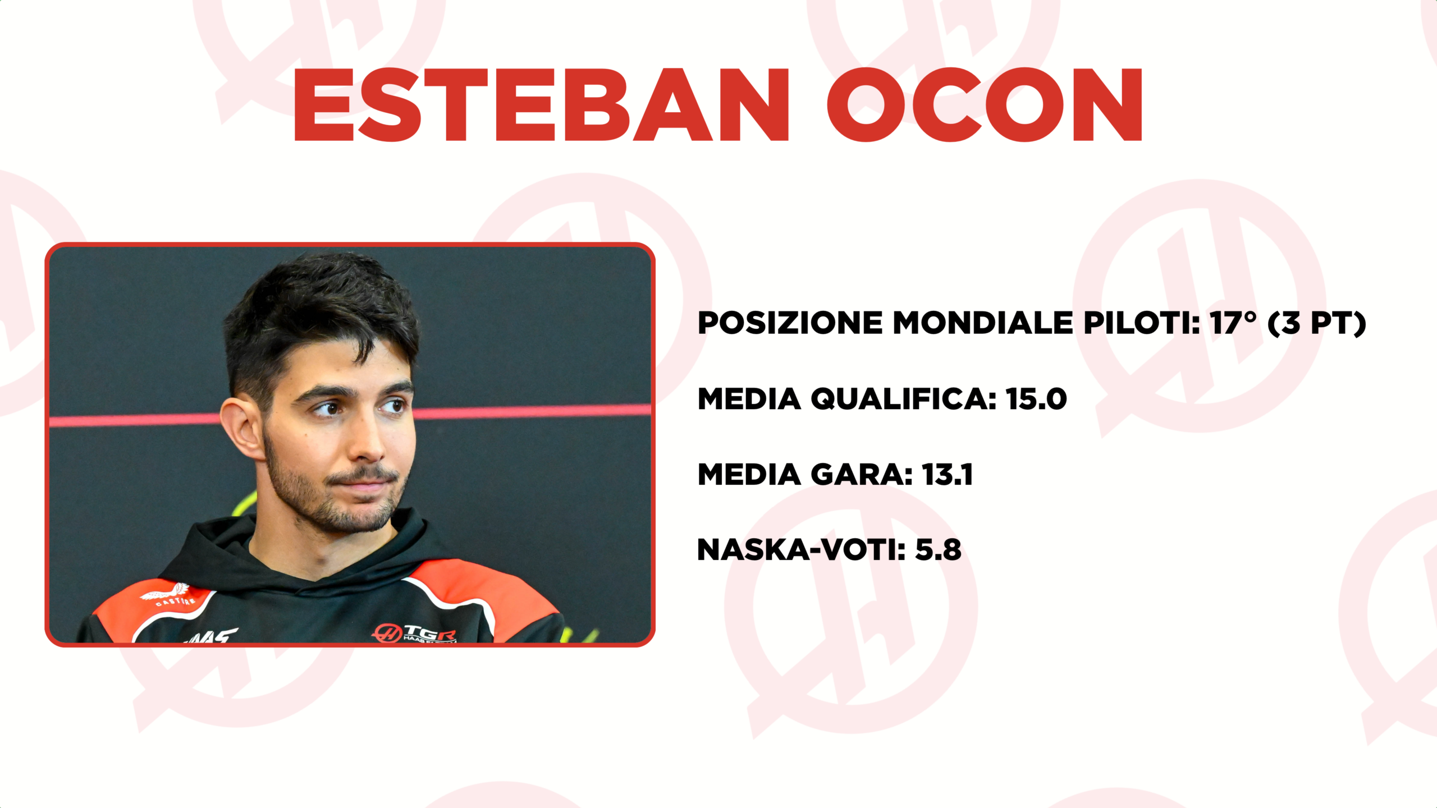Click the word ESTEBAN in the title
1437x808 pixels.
[542, 105]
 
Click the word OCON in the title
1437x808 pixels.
[985, 105]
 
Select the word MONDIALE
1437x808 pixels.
[982, 323]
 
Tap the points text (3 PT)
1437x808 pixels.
[1317, 324]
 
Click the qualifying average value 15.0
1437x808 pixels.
[1036, 399]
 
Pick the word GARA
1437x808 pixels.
[862, 475]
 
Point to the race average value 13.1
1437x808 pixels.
[948, 475]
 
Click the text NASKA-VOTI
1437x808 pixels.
[801, 550]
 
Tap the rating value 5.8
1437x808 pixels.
[938, 550]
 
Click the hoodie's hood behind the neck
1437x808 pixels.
[225, 547]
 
